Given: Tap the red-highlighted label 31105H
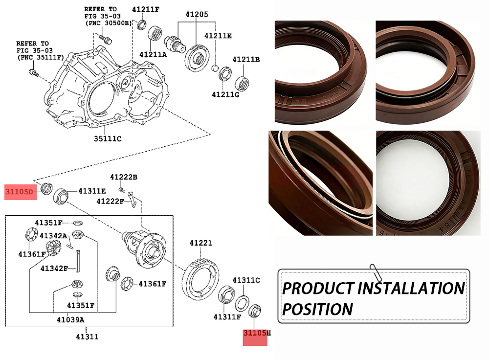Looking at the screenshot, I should pos(257,333).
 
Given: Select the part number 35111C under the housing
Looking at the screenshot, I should pos(108,138).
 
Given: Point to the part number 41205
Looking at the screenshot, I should pos(197,14).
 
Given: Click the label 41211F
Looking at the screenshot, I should pos(146,9).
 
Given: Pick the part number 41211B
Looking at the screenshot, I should pos(246,60).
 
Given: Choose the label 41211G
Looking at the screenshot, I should pos(225,94).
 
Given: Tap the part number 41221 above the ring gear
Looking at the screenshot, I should pos(201,243).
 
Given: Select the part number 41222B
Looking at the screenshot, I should pos(123,177).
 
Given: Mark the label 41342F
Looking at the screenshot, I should pos(54,268).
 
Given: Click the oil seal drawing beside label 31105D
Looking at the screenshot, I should pos(47,188).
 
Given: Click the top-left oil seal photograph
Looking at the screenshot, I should pos(320,72).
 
